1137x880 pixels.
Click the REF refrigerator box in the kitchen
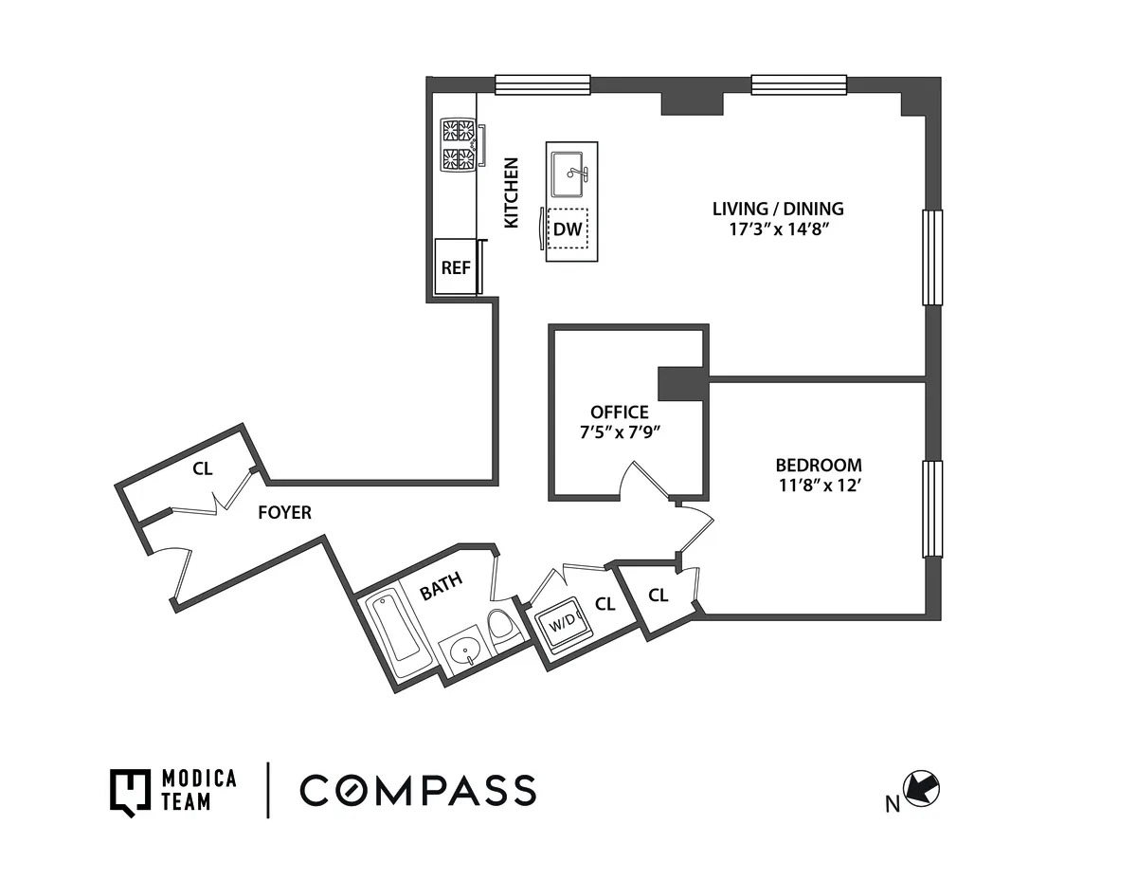tap(456, 267)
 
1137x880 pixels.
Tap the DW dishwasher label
tap(567, 229)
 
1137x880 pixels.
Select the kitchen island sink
tap(570, 174)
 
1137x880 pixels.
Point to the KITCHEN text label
tap(511, 192)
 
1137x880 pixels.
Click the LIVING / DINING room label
tap(778, 209)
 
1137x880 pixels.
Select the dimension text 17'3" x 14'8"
tap(778, 229)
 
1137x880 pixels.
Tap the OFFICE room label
tap(619, 412)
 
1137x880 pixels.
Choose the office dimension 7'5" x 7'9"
tap(619, 432)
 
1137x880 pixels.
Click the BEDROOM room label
tap(819, 466)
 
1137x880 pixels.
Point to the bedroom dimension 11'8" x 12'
tap(819, 486)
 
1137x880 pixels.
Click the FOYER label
tap(284, 513)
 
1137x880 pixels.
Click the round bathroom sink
tap(464, 652)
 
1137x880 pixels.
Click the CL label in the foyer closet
tap(202, 468)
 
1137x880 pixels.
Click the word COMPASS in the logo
tap(418, 790)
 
